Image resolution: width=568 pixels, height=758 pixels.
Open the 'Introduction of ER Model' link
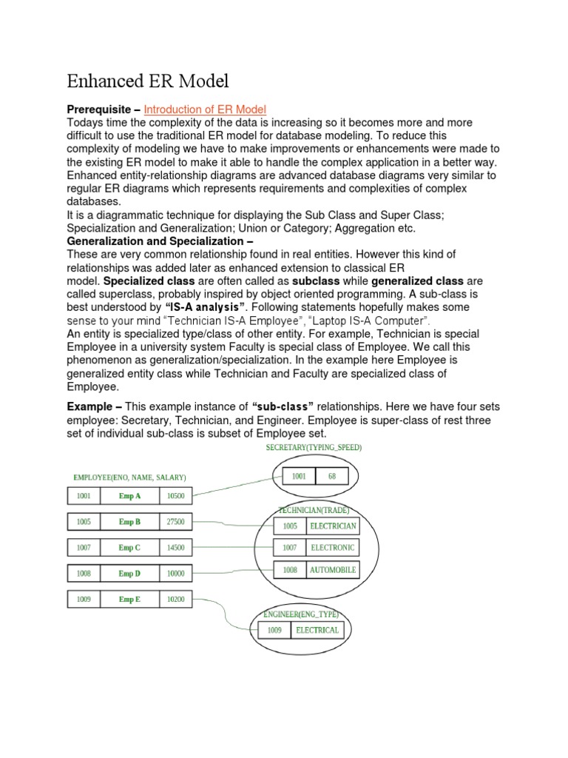click(x=205, y=110)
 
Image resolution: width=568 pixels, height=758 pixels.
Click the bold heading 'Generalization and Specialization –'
click(x=160, y=241)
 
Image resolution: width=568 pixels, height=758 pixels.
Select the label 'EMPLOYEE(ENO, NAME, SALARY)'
click(x=129, y=477)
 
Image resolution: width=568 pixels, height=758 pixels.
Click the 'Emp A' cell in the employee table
click(x=129, y=496)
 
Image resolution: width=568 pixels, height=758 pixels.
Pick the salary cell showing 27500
click(x=176, y=522)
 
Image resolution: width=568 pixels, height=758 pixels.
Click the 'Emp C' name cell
click(x=129, y=548)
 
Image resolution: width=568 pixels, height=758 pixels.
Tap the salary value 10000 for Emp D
click(x=176, y=574)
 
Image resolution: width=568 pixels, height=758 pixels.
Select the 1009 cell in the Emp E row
click(x=83, y=599)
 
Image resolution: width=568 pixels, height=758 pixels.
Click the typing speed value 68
click(x=332, y=477)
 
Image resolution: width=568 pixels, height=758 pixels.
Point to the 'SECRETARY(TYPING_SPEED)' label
click(x=314, y=448)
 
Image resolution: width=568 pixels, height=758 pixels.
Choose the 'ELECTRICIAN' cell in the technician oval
click(x=333, y=526)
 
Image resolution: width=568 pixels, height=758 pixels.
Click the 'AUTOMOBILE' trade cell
click(x=333, y=570)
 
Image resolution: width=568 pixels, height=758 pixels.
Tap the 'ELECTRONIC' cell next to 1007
click(x=333, y=548)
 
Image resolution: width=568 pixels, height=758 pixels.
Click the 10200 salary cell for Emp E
click(x=176, y=599)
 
